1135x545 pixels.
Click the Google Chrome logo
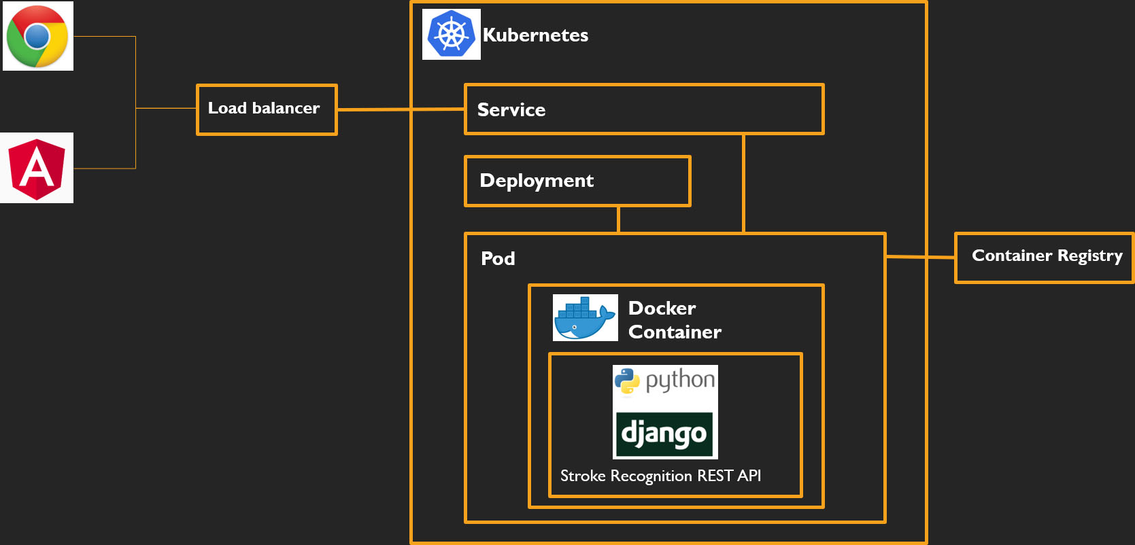pyautogui.click(x=37, y=36)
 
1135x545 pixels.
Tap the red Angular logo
pyautogui.click(x=37, y=168)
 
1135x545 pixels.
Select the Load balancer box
pyautogui.click(x=267, y=109)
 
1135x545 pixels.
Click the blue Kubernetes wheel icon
pyautogui.click(x=451, y=35)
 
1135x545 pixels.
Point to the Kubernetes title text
pyautogui.click(x=535, y=35)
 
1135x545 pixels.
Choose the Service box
pyautogui.click(x=643, y=109)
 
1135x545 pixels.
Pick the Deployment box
pyautogui.click(x=577, y=181)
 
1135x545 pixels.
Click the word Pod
pyautogui.click(x=498, y=259)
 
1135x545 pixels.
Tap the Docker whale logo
pyautogui.click(x=585, y=318)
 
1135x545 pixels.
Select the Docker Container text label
pyautogui.click(x=674, y=320)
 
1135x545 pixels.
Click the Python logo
pyautogui.click(x=665, y=381)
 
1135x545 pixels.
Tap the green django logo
pyautogui.click(x=664, y=434)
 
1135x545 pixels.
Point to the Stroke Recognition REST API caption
pyautogui.click(x=660, y=476)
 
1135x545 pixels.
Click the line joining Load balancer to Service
pyautogui.click(x=401, y=109)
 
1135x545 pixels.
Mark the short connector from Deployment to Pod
pyautogui.click(x=618, y=219)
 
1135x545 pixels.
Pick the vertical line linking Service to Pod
pyautogui.click(x=743, y=183)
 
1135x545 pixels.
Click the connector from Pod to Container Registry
pyautogui.click(x=920, y=257)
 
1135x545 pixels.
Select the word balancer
pyautogui.click(x=286, y=109)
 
